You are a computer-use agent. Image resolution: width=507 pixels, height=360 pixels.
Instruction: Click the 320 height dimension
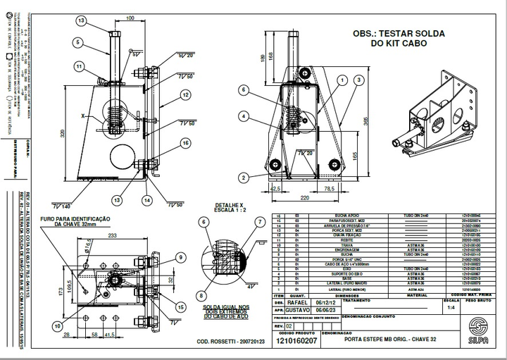coord(62,133)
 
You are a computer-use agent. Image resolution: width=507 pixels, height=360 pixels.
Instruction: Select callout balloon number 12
coord(185,94)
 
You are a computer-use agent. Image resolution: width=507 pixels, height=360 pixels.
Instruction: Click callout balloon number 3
coord(358,81)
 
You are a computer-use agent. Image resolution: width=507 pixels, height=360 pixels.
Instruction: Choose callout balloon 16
coord(185,143)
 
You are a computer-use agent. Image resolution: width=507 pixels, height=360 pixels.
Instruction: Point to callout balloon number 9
coord(181,257)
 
